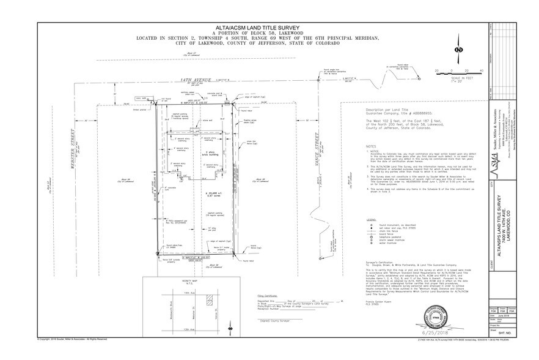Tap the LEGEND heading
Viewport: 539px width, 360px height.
tap(371, 219)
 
